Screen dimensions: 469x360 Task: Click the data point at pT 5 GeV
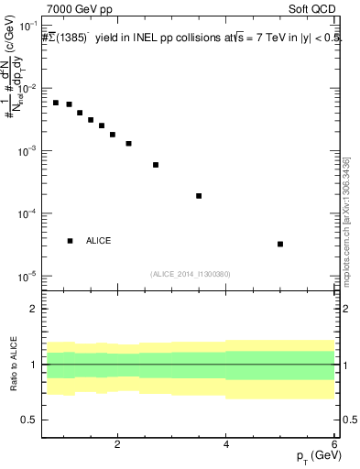pos(280,244)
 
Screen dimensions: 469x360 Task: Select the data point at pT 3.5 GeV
pos(199,196)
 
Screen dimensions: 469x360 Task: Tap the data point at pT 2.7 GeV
pos(156,165)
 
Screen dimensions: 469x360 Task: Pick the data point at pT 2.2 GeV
pos(128,144)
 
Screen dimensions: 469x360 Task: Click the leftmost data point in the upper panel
pos(56,103)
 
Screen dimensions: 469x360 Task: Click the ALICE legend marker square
pos(70,241)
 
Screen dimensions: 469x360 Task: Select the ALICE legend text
pos(98,241)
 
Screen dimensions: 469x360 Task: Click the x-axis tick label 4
pos(226,445)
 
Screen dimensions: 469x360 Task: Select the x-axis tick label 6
pos(334,445)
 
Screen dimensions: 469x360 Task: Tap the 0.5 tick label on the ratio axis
pos(29,420)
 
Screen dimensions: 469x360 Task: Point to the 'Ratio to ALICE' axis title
pos(12,364)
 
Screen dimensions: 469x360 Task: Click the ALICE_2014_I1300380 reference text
pos(190,273)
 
